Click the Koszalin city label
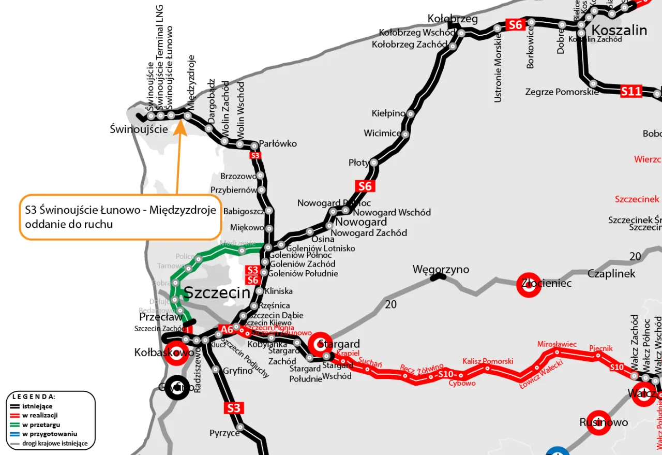(x=619, y=30)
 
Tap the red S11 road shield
(x=631, y=92)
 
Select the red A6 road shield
(x=227, y=329)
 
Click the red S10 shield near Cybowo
(x=445, y=374)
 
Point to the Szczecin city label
(x=217, y=292)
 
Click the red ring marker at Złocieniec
(x=529, y=285)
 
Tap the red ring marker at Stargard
(x=321, y=344)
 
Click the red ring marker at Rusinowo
(x=598, y=423)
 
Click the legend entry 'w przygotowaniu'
(x=50, y=434)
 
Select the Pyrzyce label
(x=224, y=433)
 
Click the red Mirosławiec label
(x=556, y=344)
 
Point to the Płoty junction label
(x=359, y=163)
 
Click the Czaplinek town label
(x=611, y=273)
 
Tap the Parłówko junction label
(x=278, y=143)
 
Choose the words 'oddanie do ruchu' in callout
(x=69, y=225)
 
